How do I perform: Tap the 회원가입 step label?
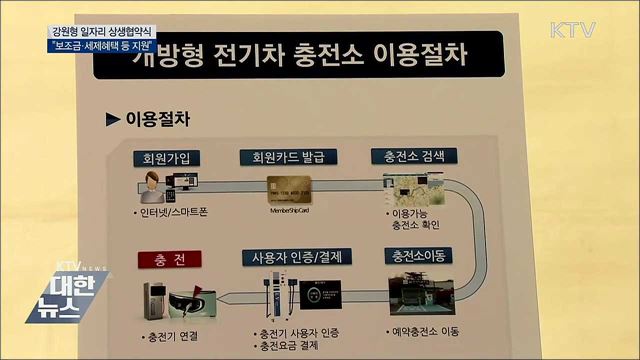pyautogui.click(x=166, y=158)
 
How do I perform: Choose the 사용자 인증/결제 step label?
pyautogui.click(x=292, y=257)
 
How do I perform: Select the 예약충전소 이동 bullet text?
pyautogui.click(x=429, y=331)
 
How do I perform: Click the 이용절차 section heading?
pyautogui.click(x=157, y=119)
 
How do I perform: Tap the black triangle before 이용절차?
pyautogui.click(x=112, y=119)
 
